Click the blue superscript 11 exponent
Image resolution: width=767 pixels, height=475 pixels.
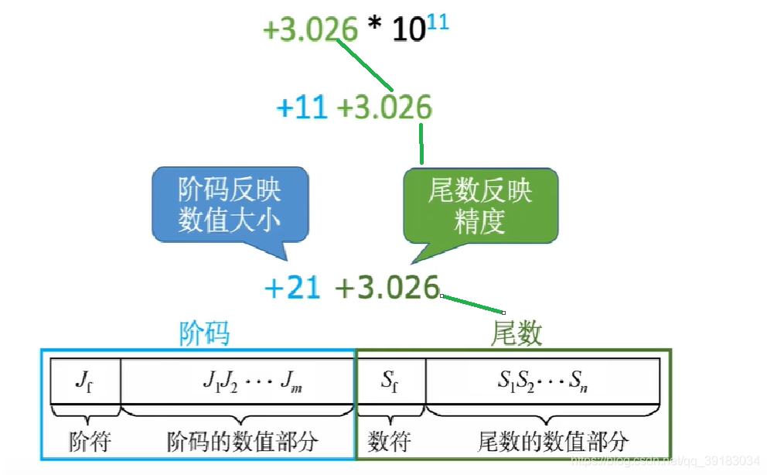(x=437, y=22)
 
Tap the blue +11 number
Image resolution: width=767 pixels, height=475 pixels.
(x=302, y=108)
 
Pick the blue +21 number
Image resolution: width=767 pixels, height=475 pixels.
(x=292, y=288)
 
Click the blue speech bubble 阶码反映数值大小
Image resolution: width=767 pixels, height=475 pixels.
(x=230, y=205)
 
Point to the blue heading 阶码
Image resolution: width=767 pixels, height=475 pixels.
(x=204, y=333)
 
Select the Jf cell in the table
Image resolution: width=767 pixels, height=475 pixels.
(x=85, y=380)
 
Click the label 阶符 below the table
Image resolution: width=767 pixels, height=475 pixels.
(x=90, y=442)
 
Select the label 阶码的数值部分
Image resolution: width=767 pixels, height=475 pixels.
(x=242, y=442)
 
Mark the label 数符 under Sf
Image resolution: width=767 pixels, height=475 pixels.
(x=389, y=442)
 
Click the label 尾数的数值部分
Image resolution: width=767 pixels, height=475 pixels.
(x=553, y=442)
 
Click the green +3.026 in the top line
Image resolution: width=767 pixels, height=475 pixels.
(x=311, y=30)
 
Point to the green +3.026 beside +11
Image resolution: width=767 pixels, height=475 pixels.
(x=384, y=108)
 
